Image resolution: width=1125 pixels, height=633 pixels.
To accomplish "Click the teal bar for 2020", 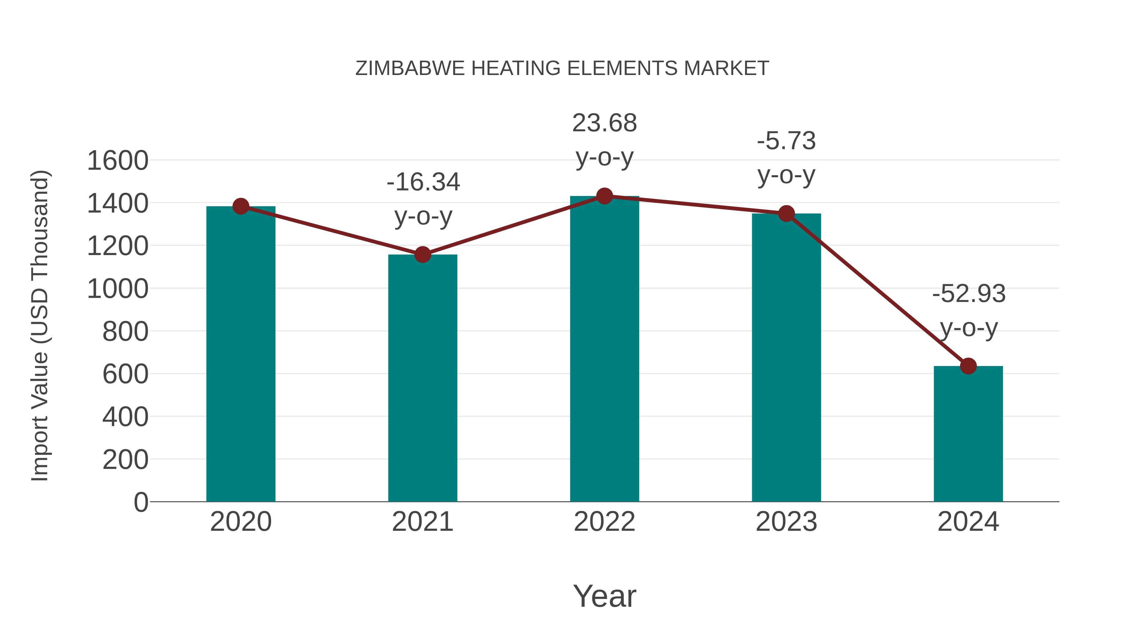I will [x=241, y=354].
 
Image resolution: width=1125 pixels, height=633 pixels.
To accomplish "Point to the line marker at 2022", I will [x=604, y=196].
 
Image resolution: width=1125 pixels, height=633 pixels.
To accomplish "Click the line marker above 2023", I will [x=786, y=214].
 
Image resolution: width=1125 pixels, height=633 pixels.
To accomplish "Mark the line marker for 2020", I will [x=241, y=206].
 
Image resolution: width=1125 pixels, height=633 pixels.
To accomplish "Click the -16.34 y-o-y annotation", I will [x=423, y=199].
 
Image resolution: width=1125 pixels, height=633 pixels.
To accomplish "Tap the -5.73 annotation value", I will [x=786, y=141].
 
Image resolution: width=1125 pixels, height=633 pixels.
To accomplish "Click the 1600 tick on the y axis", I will [x=117, y=160].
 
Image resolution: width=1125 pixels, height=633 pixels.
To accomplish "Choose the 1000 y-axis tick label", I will [x=117, y=289].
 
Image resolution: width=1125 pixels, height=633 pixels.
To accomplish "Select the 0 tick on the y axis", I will [x=141, y=502].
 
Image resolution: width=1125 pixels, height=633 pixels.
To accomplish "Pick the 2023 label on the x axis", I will [x=786, y=522].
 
